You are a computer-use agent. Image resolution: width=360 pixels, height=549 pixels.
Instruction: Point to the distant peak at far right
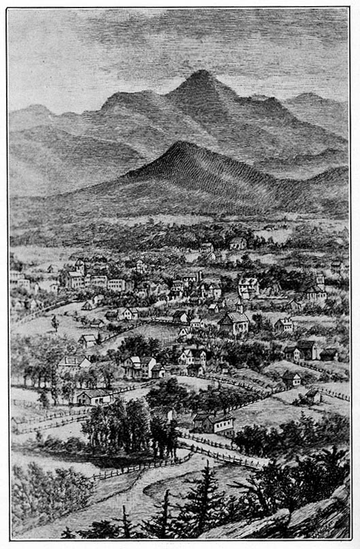click(x=310, y=97)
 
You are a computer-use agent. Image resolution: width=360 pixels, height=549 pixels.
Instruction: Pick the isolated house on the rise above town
click(x=237, y=243)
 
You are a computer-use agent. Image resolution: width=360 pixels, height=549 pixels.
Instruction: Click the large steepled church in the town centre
click(x=233, y=321)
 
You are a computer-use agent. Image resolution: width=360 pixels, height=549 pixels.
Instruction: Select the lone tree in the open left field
click(x=54, y=322)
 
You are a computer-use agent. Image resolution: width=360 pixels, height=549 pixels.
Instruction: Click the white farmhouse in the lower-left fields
click(x=94, y=397)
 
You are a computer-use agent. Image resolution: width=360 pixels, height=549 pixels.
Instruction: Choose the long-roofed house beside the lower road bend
click(x=212, y=423)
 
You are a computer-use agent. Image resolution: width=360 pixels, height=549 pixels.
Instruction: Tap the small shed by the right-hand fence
click(x=312, y=395)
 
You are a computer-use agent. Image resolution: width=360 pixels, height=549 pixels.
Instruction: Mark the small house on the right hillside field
click(x=291, y=378)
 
